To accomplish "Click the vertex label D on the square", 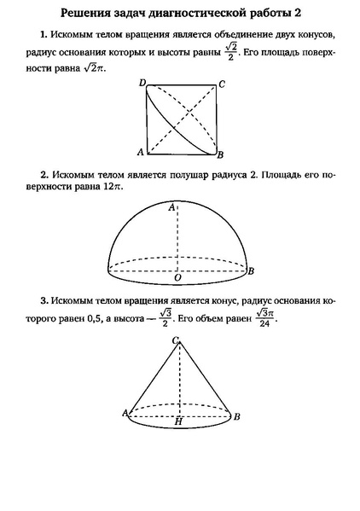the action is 142,83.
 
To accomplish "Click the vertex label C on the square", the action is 222,84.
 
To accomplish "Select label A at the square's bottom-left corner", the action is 140,153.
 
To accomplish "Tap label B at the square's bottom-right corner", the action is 220,154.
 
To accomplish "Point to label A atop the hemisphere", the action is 172,207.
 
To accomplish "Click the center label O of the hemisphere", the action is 177,277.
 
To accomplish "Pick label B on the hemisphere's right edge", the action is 252,270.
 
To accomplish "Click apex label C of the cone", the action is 176,340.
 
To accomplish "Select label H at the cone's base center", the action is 178,421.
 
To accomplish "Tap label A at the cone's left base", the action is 125,414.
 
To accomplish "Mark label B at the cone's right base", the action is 236,415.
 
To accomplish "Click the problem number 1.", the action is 43,35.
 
